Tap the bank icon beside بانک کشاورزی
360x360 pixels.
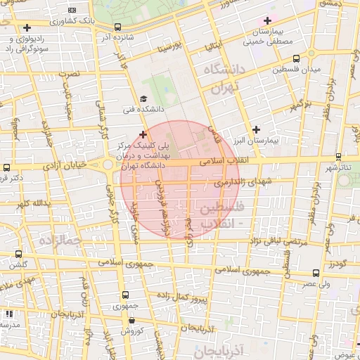pyautogui.click(x=72, y=10)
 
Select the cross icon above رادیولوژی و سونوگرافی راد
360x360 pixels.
pyautogui.click(x=27, y=28)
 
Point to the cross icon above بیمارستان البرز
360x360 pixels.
pyautogui.click(x=256, y=129)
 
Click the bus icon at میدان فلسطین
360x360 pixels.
pyautogui.click(x=295, y=59)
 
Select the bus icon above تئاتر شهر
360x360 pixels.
pyautogui.click(x=340, y=157)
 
